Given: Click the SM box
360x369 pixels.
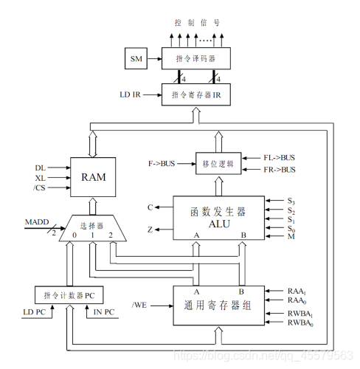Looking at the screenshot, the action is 136,58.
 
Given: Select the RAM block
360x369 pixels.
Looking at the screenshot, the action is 93,177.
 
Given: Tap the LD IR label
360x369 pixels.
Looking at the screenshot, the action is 130,94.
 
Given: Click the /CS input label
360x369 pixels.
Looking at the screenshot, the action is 39,187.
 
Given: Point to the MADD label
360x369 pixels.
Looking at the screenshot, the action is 37,222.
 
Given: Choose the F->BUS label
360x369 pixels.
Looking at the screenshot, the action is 162,164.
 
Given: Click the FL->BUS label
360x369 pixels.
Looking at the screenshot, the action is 279,158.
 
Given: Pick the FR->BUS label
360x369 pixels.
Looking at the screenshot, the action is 280,170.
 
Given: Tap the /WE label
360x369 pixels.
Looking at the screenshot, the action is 139,306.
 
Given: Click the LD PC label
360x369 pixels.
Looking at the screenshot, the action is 35,312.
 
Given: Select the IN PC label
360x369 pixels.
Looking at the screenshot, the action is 104,312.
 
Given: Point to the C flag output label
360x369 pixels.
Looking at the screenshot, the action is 150,207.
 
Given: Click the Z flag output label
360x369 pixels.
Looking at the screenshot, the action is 150,230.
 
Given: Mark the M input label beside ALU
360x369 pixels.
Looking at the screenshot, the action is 291,236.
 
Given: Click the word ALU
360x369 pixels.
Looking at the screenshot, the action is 219,224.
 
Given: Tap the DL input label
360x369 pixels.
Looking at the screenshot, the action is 41,168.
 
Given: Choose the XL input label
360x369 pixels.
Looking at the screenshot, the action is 41,178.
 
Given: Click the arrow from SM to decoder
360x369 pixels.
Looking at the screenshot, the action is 155,59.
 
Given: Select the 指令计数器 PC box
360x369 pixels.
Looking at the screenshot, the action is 69,295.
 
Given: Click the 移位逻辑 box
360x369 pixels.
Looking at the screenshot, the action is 218,164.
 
